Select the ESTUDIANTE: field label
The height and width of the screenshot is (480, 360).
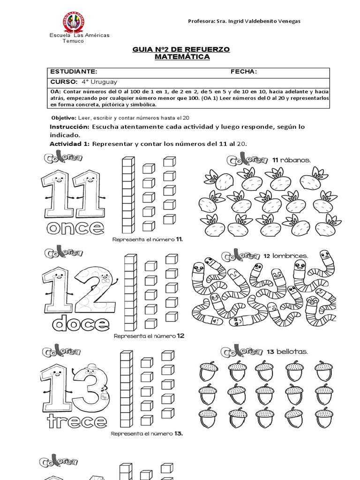74,71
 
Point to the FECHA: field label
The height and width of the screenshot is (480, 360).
243,71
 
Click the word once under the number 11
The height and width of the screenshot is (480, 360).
75,228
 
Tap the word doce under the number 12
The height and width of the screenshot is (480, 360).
81,323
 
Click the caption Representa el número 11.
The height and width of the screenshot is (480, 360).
148,239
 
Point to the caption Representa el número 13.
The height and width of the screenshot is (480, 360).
147,434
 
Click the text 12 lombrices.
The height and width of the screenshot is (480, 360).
285,255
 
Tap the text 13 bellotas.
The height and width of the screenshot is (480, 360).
289,352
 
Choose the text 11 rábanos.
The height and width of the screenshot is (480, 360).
291,160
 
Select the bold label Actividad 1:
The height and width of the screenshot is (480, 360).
69,143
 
